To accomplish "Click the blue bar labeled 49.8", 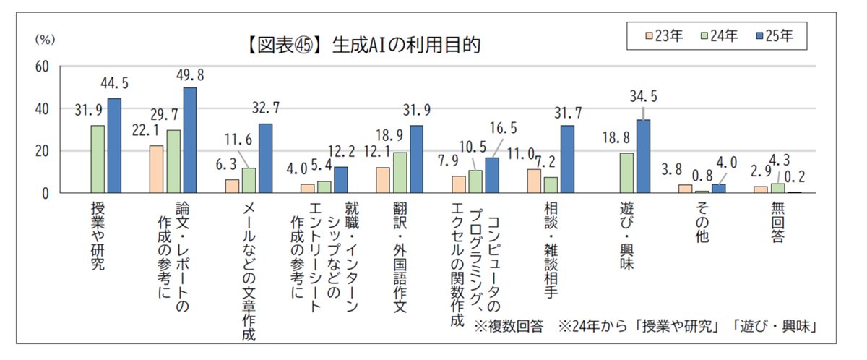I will click(189, 140).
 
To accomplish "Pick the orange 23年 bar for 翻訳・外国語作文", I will click(383, 180).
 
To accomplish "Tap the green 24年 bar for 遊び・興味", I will click(627, 173).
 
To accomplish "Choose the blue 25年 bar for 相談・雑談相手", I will click(567, 159).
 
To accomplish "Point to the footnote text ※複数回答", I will click(510, 327).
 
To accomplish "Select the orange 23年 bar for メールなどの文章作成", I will click(232, 186).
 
